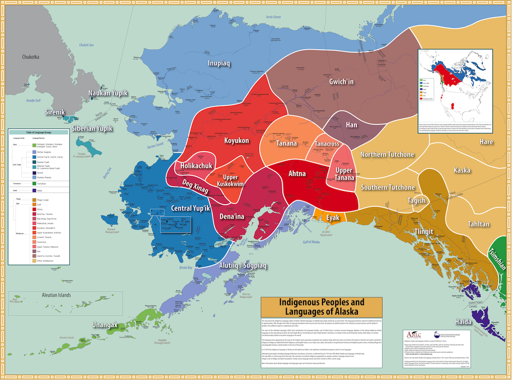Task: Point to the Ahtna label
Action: [297, 174]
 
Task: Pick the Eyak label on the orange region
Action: [333, 218]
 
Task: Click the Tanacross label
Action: [327, 144]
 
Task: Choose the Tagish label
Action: [416, 200]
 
